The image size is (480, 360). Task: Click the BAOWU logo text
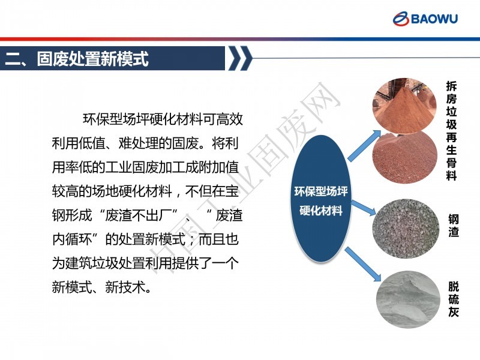click(x=434, y=19)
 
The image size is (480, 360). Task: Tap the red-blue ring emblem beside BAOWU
click(x=401, y=19)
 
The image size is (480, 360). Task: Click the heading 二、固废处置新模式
click(x=77, y=58)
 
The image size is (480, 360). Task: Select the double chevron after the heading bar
click(x=241, y=58)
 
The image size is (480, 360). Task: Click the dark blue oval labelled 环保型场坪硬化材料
click(x=320, y=199)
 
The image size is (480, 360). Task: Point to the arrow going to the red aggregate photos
click(x=365, y=146)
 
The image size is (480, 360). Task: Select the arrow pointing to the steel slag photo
click(x=363, y=208)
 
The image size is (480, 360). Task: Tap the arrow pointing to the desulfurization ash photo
click(x=363, y=264)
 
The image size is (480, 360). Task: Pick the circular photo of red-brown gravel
click(x=404, y=158)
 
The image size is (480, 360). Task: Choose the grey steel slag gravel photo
click(x=406, y=229)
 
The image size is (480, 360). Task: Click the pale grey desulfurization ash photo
click(x=408, y=299)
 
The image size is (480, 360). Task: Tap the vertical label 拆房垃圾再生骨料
click(x=451, y=131)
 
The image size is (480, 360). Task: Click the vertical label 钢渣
click(x=454, y=226)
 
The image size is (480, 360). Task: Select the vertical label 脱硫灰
click(x=454, y=299)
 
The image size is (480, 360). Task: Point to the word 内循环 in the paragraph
click(x=72, y=239)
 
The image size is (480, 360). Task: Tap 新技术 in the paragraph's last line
click(x=125, y=287)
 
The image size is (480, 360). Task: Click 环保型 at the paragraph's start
click(x=103, y=119)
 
